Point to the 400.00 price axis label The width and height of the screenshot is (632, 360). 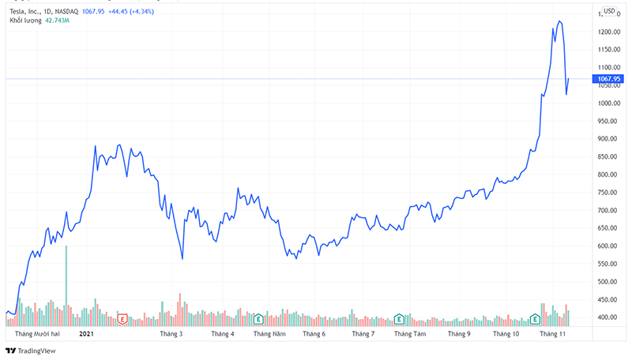607,317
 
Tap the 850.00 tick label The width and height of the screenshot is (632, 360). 607,157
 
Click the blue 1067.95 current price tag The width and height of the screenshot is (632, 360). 609,79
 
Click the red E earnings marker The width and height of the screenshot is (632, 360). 122,319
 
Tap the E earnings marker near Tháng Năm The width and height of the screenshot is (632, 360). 258,319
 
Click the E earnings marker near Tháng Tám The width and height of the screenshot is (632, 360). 399,319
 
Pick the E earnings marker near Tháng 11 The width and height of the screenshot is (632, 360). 536,319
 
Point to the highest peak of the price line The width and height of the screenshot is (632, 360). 559,21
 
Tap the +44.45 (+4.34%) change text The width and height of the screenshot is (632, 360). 145,11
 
